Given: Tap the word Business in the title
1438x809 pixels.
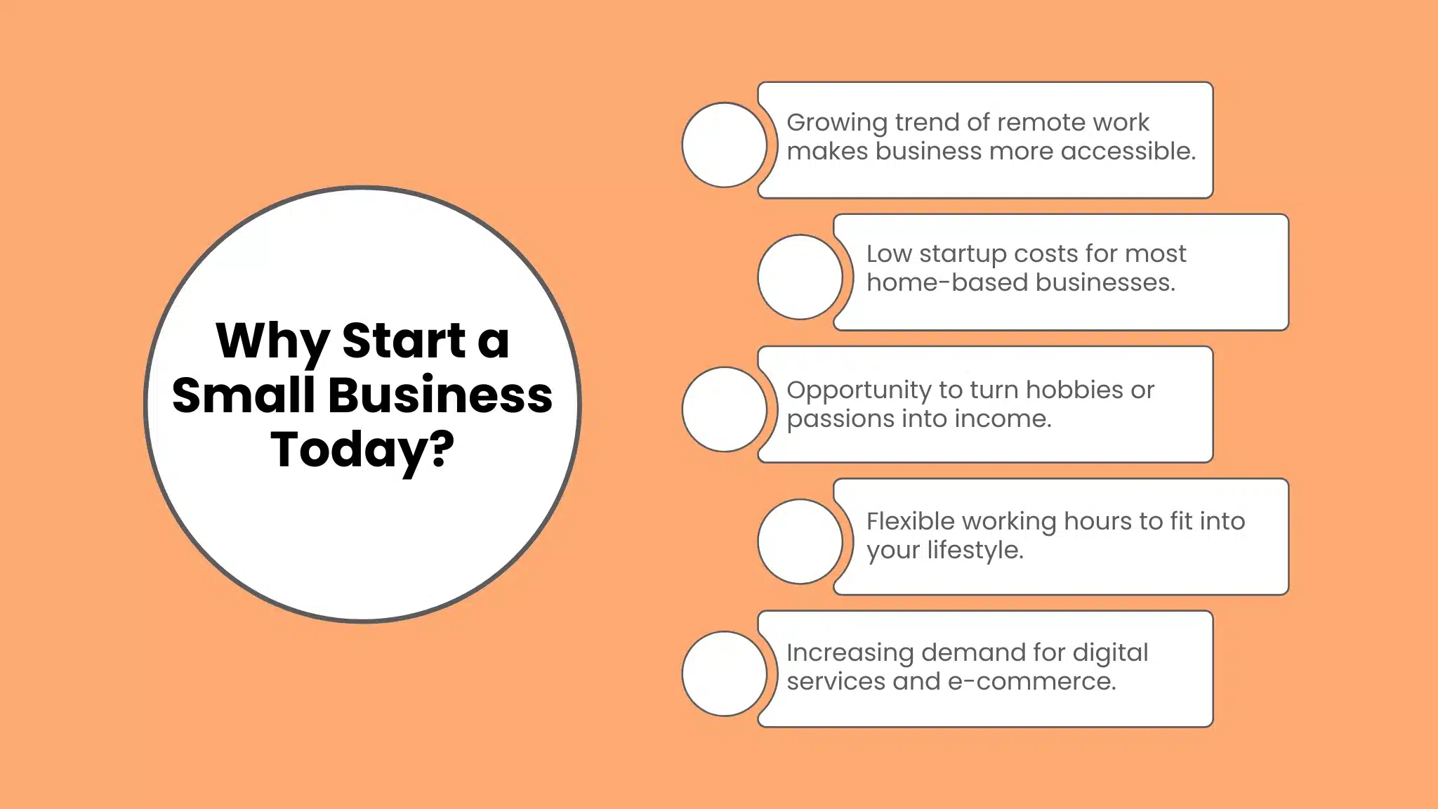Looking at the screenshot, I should pos(440,395).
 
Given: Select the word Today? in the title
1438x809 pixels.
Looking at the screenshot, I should pos(363,450).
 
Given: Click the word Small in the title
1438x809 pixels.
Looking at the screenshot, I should pos(243,395).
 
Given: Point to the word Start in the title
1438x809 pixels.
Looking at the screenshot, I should pos(404,341).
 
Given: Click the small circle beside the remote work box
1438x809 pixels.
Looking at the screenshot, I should pos(724,145).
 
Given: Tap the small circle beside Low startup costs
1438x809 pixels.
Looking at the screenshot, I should pos(800,277).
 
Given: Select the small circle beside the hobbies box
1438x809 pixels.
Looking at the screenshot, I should pos(724,409).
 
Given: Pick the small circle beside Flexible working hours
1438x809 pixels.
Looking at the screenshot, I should pos(800,541).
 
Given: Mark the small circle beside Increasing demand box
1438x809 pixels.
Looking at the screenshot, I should pos(724,673).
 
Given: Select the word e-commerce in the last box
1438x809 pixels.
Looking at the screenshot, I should pos(1031,681).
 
